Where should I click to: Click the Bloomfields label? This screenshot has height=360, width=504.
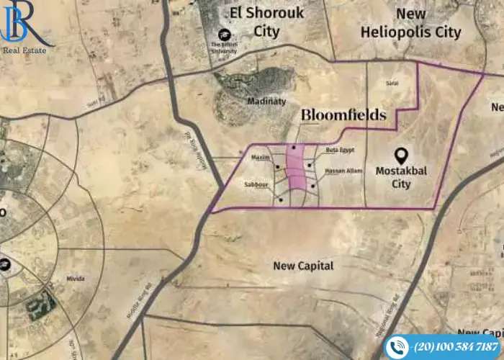point(343,115)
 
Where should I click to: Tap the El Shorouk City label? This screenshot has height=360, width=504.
point(266,22)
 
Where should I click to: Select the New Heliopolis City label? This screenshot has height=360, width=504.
point(410,23)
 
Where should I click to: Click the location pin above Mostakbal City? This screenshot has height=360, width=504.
point(402,155)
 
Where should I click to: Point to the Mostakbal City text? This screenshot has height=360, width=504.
point(403,178)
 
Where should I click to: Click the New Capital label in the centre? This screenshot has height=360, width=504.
point(303,266)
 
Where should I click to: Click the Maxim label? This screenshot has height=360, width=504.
point(259,157)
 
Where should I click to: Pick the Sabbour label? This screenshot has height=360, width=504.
point(256,184)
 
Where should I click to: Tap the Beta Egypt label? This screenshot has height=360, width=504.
point(340,150)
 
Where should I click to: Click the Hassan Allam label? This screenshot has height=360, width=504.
point(344,171)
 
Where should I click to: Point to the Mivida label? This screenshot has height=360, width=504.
point(75,278)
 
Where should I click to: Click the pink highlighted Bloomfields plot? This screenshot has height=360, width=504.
point(296,173)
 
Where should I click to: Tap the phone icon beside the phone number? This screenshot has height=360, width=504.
point(396,347)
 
